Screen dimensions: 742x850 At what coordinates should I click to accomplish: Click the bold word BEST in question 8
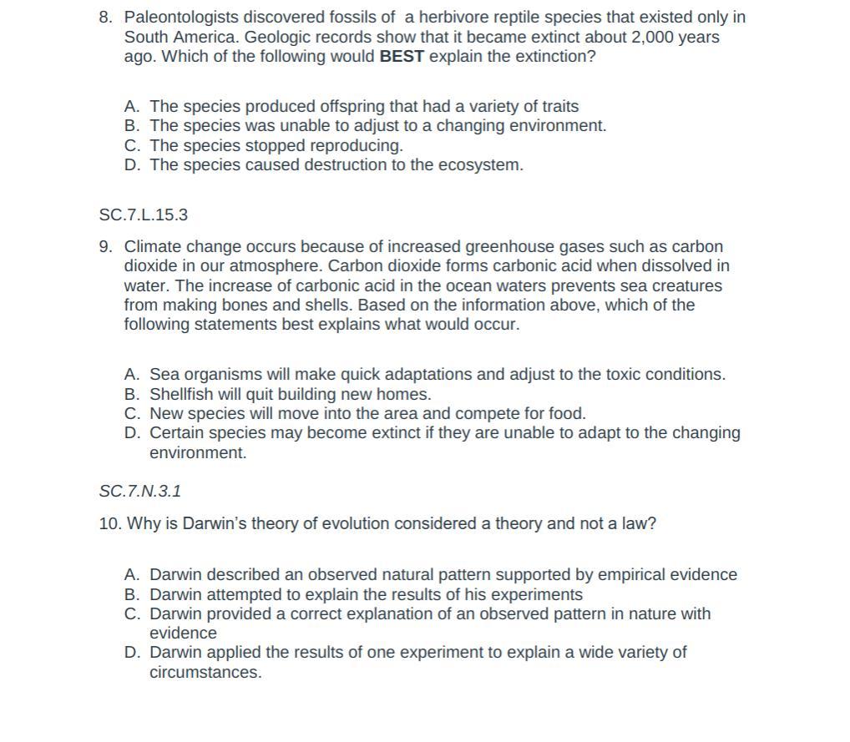[x=402, y=57]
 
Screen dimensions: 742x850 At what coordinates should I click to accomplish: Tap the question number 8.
[x=105, y=18]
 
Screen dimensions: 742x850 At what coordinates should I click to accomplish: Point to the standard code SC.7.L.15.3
[x=143, y=215]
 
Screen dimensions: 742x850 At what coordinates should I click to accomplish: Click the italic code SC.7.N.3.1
[x=139, y=491]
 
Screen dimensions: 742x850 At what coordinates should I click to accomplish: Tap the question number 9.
[x=105, y=247]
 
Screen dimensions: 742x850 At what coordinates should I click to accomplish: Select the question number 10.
[x=109, y=524]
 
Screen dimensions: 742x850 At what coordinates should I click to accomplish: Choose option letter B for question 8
[x=131, y=126]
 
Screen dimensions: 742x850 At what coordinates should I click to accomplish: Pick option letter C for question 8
[x=131, y=146]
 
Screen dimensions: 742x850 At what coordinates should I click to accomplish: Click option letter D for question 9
[x=131, y=433]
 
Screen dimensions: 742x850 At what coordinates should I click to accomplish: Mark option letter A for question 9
[x=131, y=375]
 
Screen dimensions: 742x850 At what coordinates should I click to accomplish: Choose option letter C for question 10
[x=131, y=614]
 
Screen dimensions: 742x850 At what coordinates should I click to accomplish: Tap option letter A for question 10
[x=131, y=575]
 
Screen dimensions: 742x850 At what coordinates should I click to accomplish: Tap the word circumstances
[x=205, y=673]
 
